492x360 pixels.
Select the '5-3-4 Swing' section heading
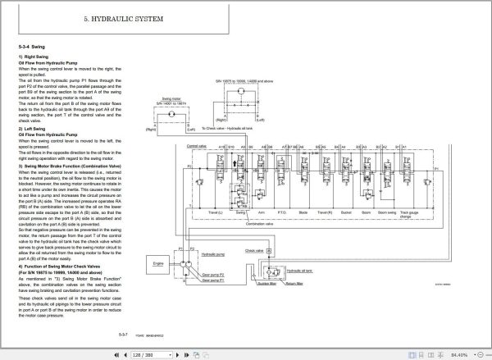[x=31, y=48]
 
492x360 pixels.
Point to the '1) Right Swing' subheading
[x=33, y=57]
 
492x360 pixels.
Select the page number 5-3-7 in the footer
[x=122, y=336]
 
